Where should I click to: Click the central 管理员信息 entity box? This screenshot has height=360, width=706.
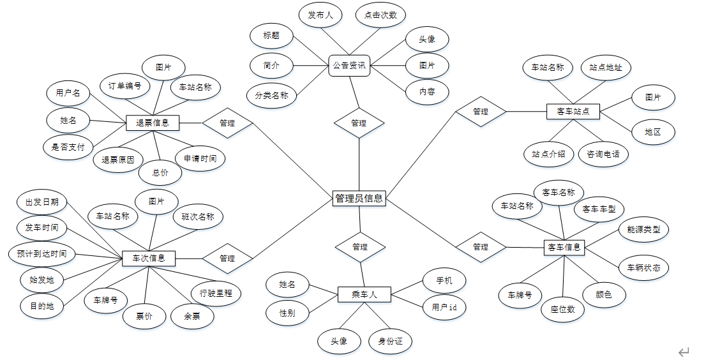click(x=359, y=199)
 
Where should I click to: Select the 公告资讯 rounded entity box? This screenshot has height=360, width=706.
click(x=349, y=65)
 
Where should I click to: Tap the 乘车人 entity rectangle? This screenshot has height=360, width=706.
click(x=364, y=294)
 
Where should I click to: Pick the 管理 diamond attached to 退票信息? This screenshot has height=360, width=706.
click(x=227, y=123)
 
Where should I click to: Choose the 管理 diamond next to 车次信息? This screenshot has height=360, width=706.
click(x=227, y=259)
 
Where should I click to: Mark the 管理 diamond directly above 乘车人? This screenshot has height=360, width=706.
click(x=360, y=247)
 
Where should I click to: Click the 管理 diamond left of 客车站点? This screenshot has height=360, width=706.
click(x=481, y=112)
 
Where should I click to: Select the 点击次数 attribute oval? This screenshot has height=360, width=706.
click(x=380, y=15)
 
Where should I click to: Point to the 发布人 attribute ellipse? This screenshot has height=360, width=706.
click(x=320, y=15)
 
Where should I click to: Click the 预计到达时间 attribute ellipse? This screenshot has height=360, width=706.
click(x=41, y=253)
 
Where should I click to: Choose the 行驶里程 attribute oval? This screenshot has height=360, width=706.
click(x=216, y=294)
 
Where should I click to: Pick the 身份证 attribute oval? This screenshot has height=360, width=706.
click(x=391, y=341)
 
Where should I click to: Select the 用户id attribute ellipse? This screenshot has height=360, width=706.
click(x=444, y=307)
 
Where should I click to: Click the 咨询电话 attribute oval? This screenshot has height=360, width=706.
click(x=603, y=154)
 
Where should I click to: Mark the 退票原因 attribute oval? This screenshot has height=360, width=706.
click(x=118, y=160)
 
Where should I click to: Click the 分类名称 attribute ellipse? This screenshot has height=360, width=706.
click(x=271, y=96)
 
